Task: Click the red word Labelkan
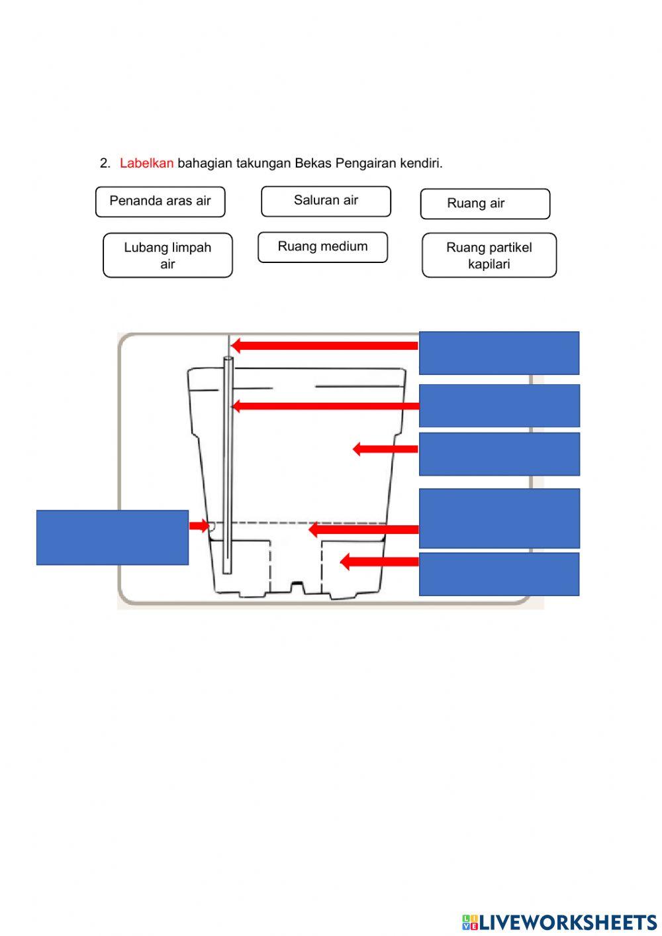tap(146, 163)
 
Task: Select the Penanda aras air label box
tap(160, 201)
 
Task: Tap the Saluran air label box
tap(326, 201)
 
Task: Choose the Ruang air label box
tap(485, 203)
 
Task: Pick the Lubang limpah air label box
tap(167, 255)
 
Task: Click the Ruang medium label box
tap(322, 247)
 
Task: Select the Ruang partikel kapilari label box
tap(489, 255)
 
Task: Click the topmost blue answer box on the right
tap(498, 353)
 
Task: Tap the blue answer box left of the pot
tap(113, 537)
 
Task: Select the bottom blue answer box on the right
tap(498, 574)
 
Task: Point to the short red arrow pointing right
tap(199, 526)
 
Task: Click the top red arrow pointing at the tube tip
tap(324, 345)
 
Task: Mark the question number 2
tap(105, 163)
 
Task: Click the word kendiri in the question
tap(421, 163)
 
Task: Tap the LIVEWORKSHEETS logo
tap(559, 921)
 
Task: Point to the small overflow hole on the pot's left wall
tap(211, 527)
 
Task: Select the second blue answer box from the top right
tap(498, 405)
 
